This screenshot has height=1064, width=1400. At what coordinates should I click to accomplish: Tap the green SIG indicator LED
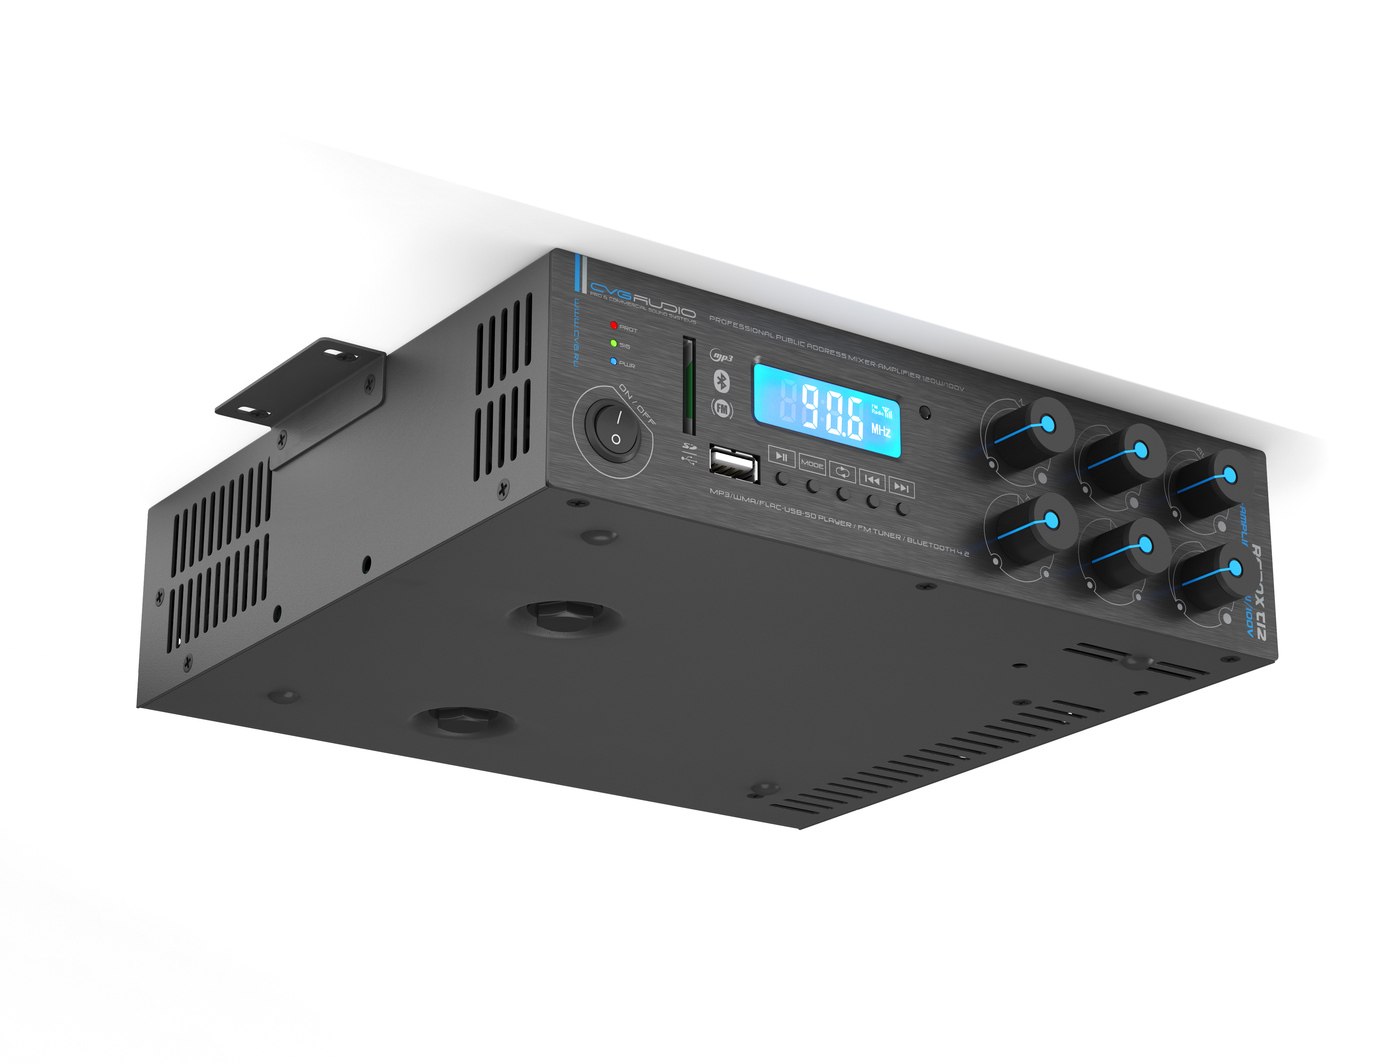[613, 343]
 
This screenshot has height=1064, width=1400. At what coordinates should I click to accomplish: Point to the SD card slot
[688, 386]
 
